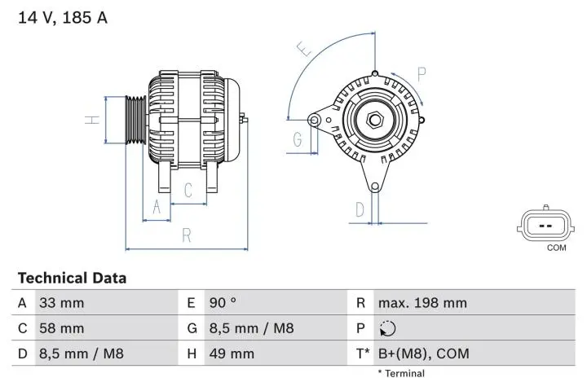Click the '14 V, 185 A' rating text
[x=63, y=17]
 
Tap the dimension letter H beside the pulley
[x=94, y=119]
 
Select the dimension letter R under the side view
[x=187, y=236]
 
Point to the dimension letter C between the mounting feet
[x=188, y=191]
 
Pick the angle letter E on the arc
[x=304, y=50]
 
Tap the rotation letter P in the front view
[x=421, y=74]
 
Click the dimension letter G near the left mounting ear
[x=298, y=139]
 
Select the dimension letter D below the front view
[x=360, y=210]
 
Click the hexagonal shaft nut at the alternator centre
[x=375, y=121]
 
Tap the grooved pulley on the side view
[x=135, y=120]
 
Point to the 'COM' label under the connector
[x=556, y=248]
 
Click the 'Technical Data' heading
[x=73, y=278]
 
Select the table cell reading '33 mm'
[x=62, y=303]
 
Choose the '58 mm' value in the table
[x=62, y=328]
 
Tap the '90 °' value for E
[x=223, y=303]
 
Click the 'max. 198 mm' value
[x=422, y=303]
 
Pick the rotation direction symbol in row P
[x=387, y=328]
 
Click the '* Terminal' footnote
[x=401, y=373]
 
